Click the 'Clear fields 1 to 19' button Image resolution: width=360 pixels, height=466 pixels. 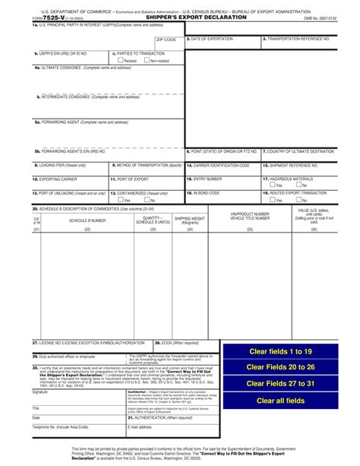click(x=280, y=351)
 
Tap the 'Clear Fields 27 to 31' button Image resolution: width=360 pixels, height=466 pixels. click(x=280, y=384)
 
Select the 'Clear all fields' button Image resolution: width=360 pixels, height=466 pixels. click(x=280, y=401)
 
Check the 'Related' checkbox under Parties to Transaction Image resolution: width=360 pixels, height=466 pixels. click(x=115, y=61)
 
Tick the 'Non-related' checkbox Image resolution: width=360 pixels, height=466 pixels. click(x=147, y=61)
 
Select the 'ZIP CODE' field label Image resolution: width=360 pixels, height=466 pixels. click(x=166, y=38)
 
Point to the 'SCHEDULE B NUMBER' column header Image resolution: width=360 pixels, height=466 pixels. click(x=87, y=220)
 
